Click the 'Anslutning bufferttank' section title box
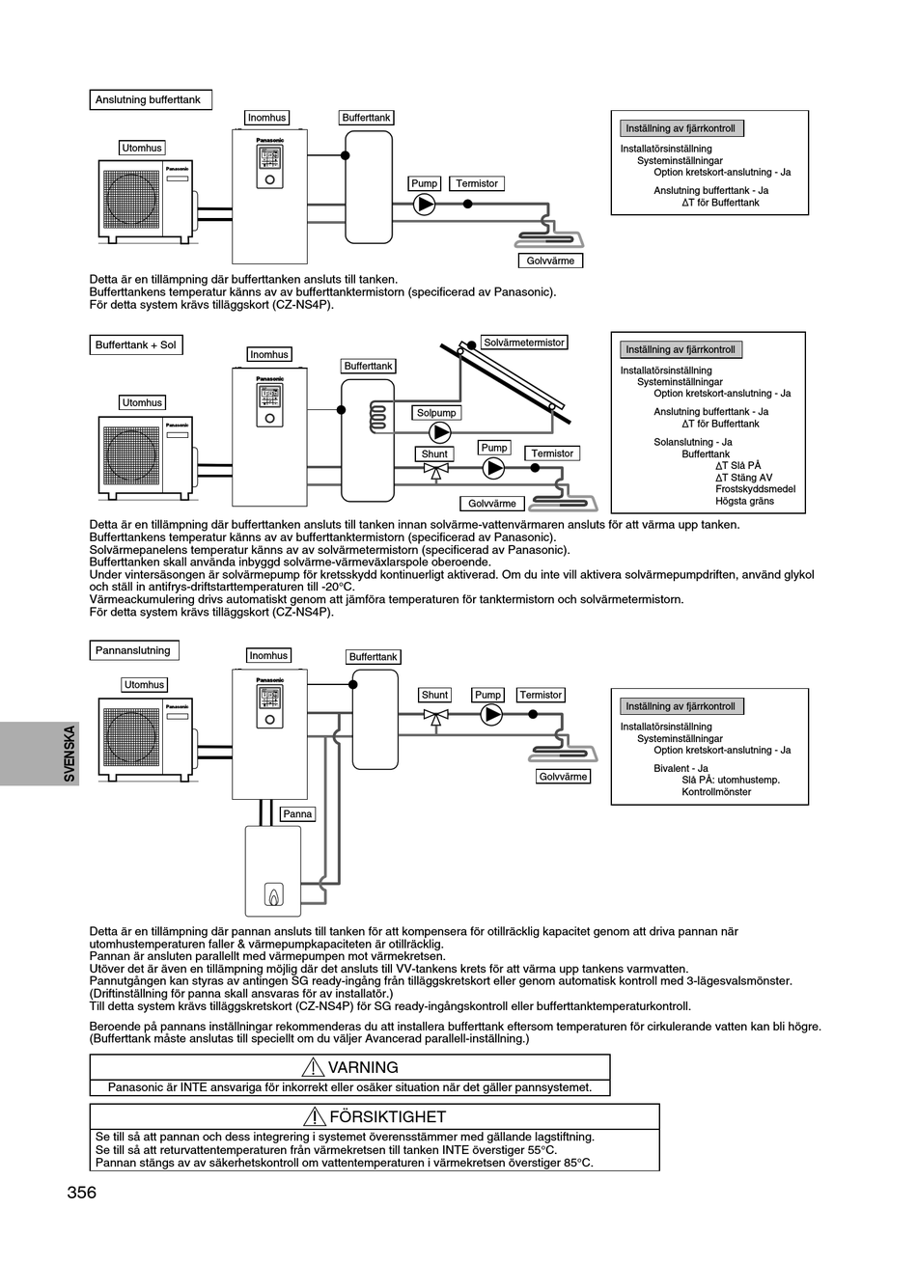[x=151, y=99]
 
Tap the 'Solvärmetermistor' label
[x=524, y=343]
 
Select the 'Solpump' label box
[x=436, y=413]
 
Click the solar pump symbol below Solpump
[x=440, y=432]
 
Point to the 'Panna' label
[x=297, y=813]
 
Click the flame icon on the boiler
[x=274, y=895]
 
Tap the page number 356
[x=82, y=1192]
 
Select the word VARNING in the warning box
[x=363, y=1067]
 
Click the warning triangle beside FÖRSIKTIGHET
[x=314, y=1116]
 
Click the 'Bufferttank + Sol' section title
[x=136, y=345]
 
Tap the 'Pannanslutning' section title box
[x=134, y=650]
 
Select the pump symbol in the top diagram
[x=424, y=205]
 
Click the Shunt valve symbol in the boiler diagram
[x=436, y=718]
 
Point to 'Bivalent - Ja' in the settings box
[x=681, y=768]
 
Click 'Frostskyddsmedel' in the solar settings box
[x=755, y=489]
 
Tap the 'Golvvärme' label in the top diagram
[x=550, y=261]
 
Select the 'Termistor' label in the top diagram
[x=477, y=183]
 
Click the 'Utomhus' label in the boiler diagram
[x=145, y=684]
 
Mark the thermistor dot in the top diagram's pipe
[x=467, y=204]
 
